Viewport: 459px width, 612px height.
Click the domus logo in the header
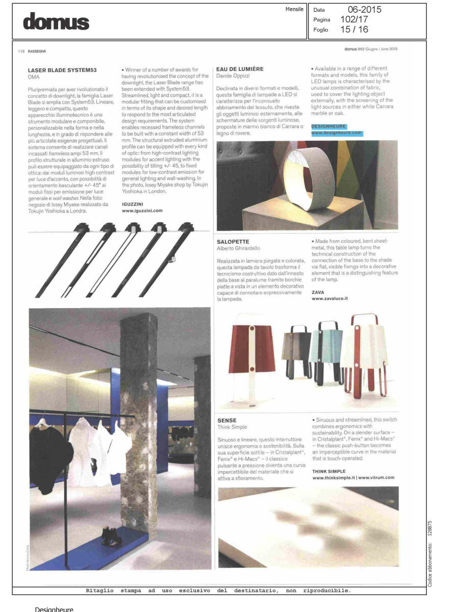point(56,22)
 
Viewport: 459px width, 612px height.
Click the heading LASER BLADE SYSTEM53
point(63,69)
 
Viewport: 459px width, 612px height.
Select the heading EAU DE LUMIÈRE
point(240,69)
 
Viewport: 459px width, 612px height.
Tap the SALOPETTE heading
point(233,242)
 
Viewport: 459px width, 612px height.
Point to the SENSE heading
point(226,420)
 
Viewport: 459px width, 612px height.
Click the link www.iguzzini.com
point(142,210)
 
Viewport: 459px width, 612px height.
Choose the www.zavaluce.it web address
point(329,299)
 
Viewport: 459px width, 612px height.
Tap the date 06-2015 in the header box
point(364,10)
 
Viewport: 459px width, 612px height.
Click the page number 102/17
point(354,19)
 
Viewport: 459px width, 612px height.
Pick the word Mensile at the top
point(294,9)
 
